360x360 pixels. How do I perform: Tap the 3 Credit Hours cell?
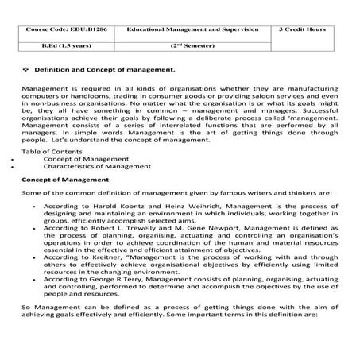pyautogui.click(x=304, y=29)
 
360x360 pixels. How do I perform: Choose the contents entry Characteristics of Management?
pyautogui.click(x=93, y=166)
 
